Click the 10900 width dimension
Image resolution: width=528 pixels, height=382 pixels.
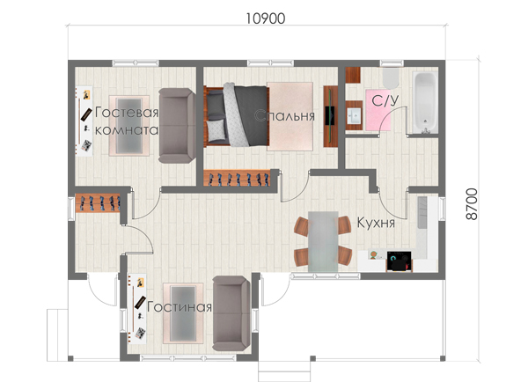coord(266,18)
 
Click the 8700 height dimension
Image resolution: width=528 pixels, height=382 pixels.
coord(472,204)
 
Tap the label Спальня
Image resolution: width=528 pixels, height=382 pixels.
coord(284,116)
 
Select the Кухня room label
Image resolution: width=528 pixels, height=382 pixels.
coord(376,223)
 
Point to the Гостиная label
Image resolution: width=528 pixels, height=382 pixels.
coord(180,307)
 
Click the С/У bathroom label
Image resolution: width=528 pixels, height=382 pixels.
coord(385,100)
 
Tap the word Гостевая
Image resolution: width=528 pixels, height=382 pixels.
coord(127,112)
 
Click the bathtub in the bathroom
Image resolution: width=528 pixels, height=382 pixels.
coord(425,102)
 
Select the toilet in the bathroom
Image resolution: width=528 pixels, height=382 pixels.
coord(391,77)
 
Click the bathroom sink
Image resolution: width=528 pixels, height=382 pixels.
coord(354,115)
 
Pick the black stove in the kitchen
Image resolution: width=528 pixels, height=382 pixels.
coord(399,261)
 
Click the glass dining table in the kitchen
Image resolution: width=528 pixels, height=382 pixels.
coord(323,241)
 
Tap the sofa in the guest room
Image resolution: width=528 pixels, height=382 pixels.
coord(177,126)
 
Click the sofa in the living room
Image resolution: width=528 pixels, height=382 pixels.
coord(231,313)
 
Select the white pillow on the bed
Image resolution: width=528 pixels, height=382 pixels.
coord(216,130)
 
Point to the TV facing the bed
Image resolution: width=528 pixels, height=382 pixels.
coord(330,116)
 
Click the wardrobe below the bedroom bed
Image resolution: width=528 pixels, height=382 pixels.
coord(237,178)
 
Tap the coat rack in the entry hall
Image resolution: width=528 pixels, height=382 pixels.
coord(98,203)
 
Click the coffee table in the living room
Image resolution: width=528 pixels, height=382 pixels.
coord(183,313)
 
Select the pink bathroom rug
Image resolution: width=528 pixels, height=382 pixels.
coord(378,110)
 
